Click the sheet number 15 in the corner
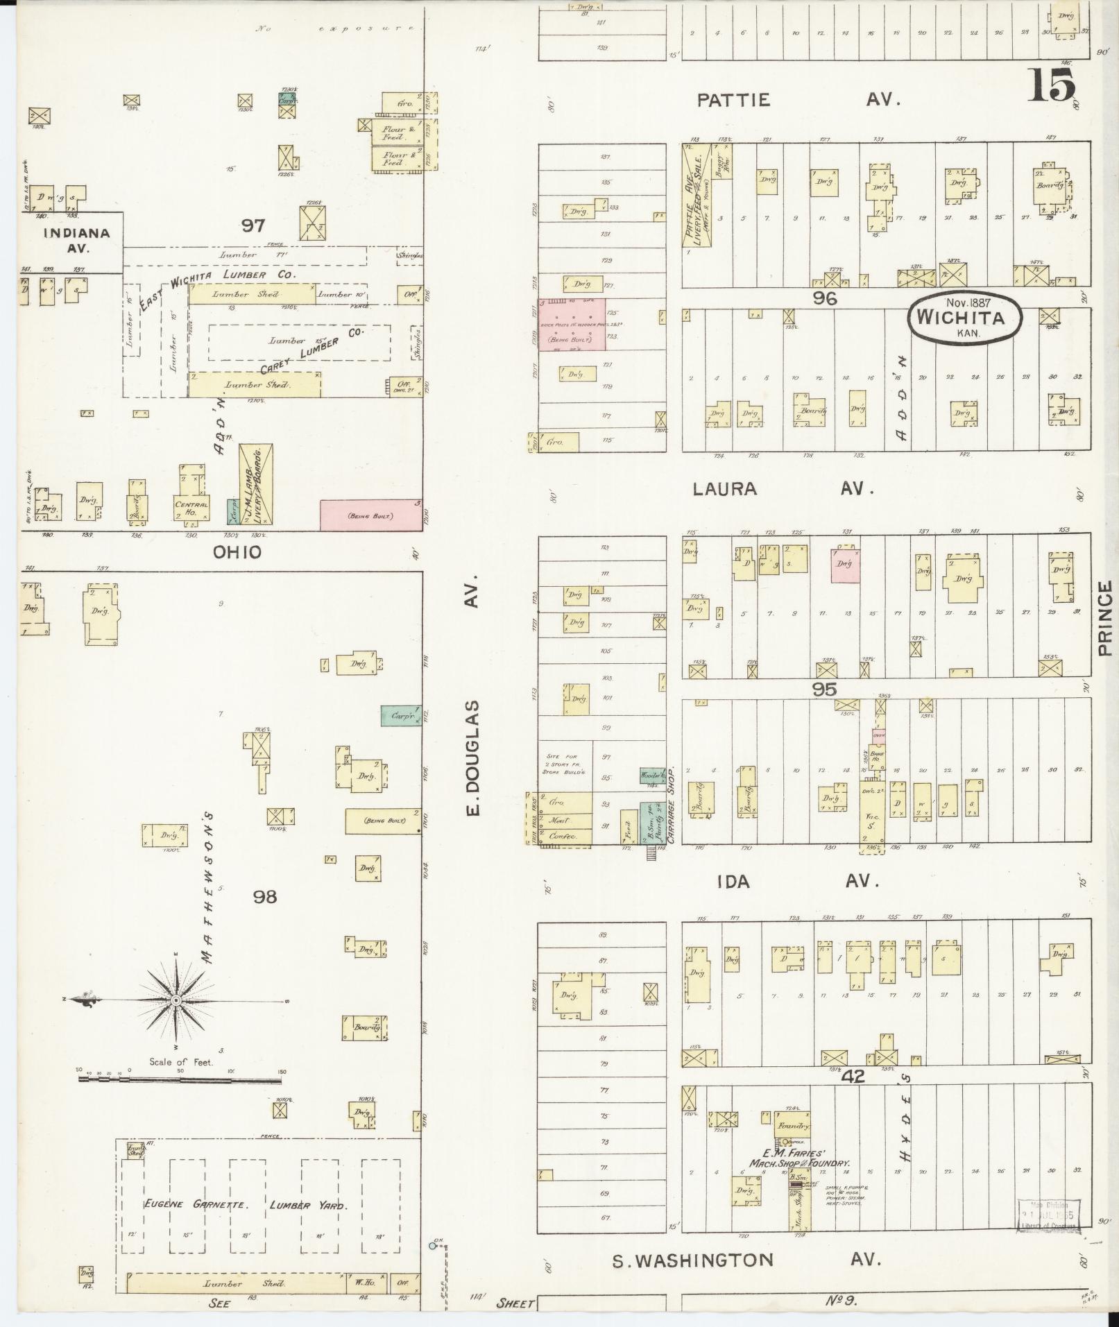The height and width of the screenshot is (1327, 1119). [x=1052, y=86]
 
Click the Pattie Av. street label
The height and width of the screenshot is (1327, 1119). [x=798, y=100]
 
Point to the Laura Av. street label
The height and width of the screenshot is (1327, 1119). [x=783, y=489]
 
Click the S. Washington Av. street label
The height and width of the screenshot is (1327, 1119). [x=746, y=1260]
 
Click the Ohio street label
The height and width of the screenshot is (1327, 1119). [x=237, y=552]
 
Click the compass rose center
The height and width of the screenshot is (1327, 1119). [x=176, y=1000]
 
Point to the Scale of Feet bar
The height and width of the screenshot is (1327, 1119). [x=180, y=1098]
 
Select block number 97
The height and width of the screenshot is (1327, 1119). [x=253, y=225]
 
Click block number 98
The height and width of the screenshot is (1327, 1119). [x=264, y=897]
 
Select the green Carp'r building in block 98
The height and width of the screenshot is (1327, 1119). [x=401, y=715]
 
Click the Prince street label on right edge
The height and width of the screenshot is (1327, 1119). [x=1104, y=617]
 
